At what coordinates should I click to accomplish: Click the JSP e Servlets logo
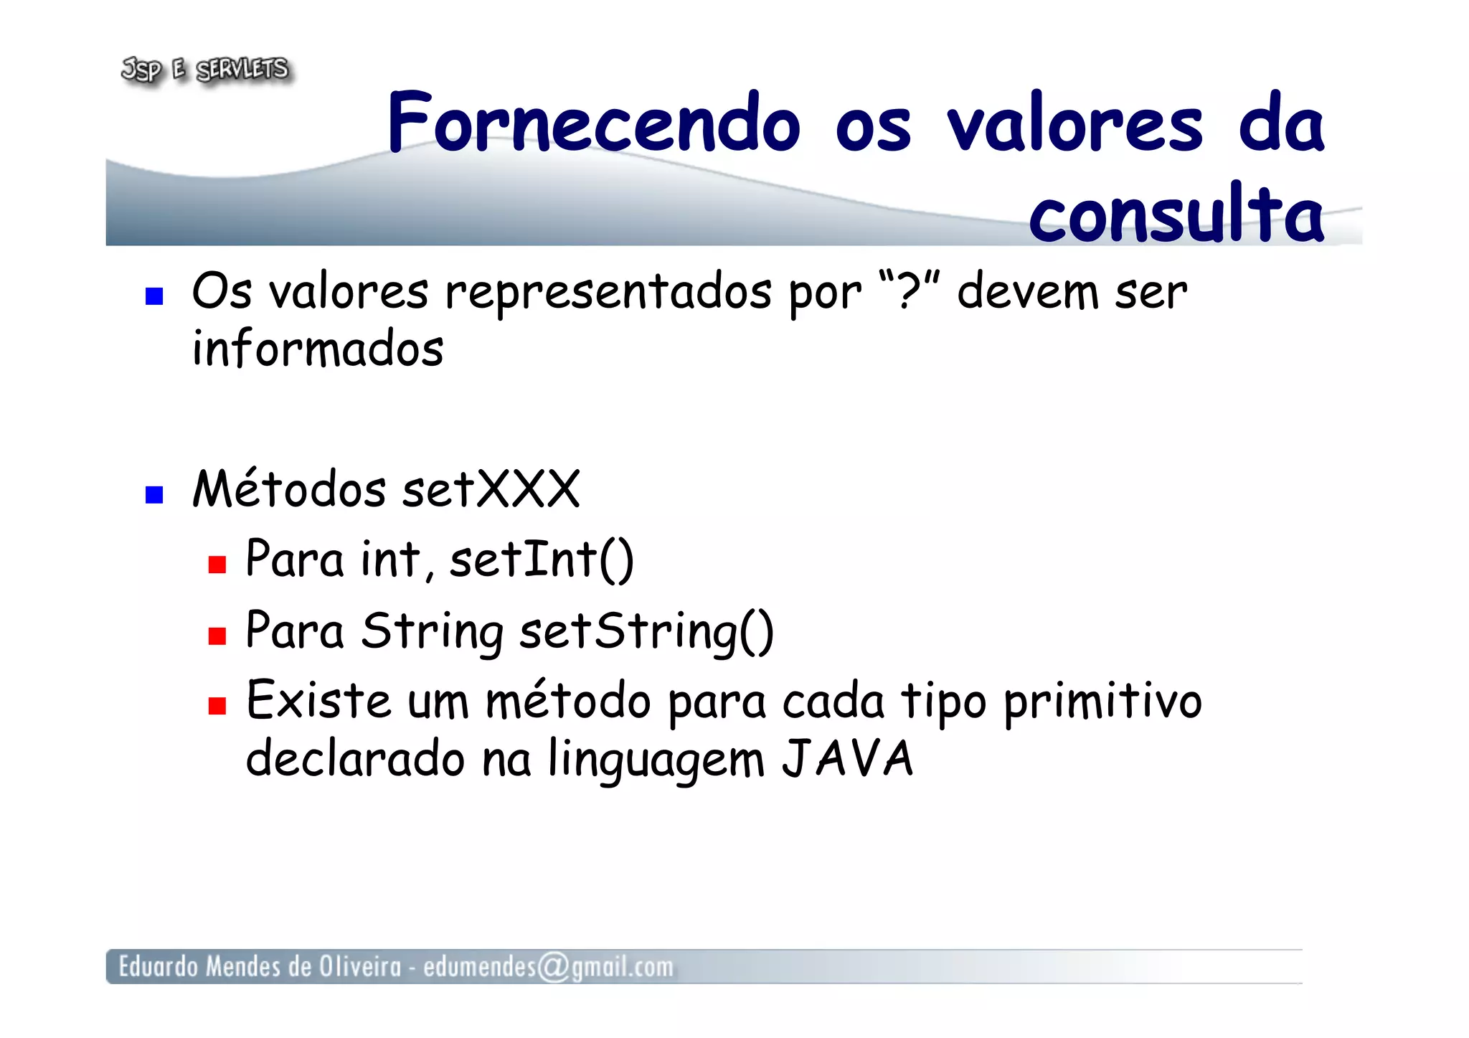[205, 70]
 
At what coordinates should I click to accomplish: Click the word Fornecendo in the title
[593, 123]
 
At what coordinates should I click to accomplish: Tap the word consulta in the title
[1176, 213]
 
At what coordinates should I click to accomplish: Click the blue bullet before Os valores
[154, 296]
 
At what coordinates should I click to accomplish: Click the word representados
[609, 293]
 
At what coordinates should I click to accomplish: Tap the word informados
[318, 349]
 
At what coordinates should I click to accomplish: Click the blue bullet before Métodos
[154, 495]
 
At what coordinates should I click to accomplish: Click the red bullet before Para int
[217, 565]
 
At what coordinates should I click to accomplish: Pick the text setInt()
[542, 560]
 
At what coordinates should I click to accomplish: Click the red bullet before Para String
[217, 636]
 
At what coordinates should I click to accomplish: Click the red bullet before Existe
[217, 707]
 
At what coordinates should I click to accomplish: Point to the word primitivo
[1102, 702]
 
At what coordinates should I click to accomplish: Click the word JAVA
[847, 759]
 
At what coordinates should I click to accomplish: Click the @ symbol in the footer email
[553, 967]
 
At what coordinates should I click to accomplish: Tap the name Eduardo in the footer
[158, 967]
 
